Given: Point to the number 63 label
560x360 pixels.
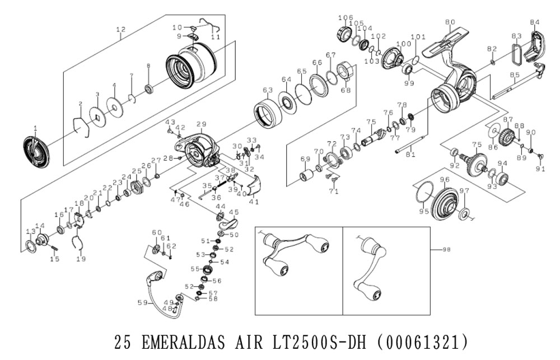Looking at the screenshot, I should point(267,90).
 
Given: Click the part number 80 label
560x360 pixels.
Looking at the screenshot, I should point(450,22).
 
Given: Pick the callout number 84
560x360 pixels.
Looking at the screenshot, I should point(535,22).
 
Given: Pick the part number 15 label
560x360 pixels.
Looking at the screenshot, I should point(54,259).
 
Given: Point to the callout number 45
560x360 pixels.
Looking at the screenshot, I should point(234,212).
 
